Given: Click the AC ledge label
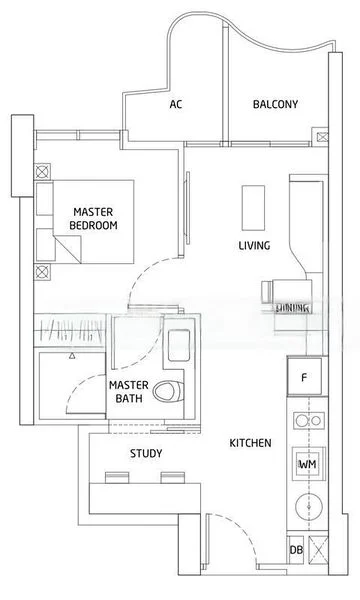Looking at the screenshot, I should click(176, 104).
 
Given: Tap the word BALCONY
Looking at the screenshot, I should click(275, 104).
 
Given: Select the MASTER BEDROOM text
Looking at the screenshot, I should click(93, 219).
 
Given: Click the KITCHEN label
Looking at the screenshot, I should click(250, 442).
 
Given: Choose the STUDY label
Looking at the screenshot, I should click(146, 453).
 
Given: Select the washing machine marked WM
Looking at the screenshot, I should click(307, 464).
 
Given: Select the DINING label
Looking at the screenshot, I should click(294, 308).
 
